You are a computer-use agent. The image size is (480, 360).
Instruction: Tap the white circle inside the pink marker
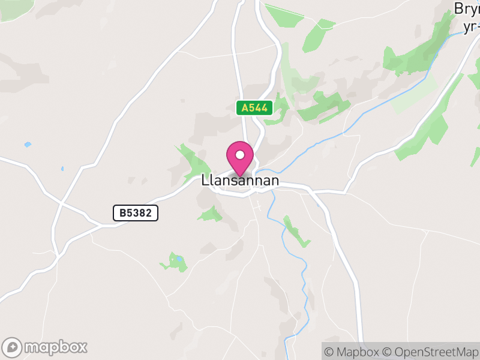pyautogui.click(x=240, y=155)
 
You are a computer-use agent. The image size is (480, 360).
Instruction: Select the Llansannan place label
pyautogui.click(x=240, y=181)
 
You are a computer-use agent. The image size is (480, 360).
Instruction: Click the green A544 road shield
pyautogui.click(x=255, y=108)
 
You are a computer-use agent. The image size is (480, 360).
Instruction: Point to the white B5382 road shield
pyautogui.click(x=136, y=212)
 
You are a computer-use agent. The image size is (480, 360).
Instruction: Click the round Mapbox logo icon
pyautogui.click(x=13, y=347)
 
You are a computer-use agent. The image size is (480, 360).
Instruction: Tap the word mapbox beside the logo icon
pyautogui.click(x=55, y=347)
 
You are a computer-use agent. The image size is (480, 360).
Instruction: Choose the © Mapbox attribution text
pyautogui.click(x=353, y=351)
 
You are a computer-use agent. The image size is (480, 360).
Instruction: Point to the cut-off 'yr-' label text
pyautogui.click(x=471, y=27)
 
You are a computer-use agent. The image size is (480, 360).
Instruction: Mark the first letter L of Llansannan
pyautogui.click(x=205, y=181)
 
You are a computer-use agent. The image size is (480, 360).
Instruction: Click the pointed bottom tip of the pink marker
pyautogui.click(x=240, y=176)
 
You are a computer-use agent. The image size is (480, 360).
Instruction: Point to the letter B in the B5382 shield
pyautogui.click(x=122, y=212)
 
